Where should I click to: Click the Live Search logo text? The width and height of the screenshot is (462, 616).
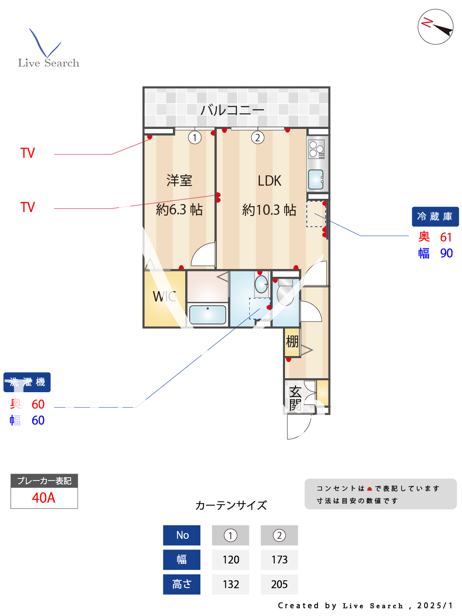click(x=48, y=63)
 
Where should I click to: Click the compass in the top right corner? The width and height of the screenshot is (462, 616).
click(x=435, y=27)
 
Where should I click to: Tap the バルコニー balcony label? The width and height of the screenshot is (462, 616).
click(x=232, y=110)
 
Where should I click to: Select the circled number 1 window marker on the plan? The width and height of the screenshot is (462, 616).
click(x=195, y=138)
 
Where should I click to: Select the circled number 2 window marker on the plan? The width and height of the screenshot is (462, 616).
click(x=257, y=138)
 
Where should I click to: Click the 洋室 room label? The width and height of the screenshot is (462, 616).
click(x=179, y=181)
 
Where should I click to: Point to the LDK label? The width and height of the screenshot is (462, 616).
click(x=269, y=181)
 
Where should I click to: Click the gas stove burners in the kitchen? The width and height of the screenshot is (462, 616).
click(x=317, y=149)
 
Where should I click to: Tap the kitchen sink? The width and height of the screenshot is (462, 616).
click(x=316, y=179)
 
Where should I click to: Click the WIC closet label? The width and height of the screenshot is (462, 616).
click(x=164, y=297)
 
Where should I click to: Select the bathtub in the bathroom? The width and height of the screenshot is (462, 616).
click(x=208, y=315)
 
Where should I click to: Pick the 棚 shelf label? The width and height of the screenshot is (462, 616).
click(x=292, y=341)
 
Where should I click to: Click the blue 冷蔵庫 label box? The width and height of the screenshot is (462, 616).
click(x=435, y=216)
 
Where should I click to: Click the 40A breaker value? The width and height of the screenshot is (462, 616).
click(x=44, y=498)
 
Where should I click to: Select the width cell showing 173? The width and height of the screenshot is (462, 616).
click(x=279, y=560)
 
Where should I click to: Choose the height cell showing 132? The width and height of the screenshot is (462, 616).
click(x=230, y=584)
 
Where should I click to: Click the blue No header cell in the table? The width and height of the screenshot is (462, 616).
click(x=182, y=535)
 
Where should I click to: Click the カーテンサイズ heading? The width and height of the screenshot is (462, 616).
click(x=231, y=505)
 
